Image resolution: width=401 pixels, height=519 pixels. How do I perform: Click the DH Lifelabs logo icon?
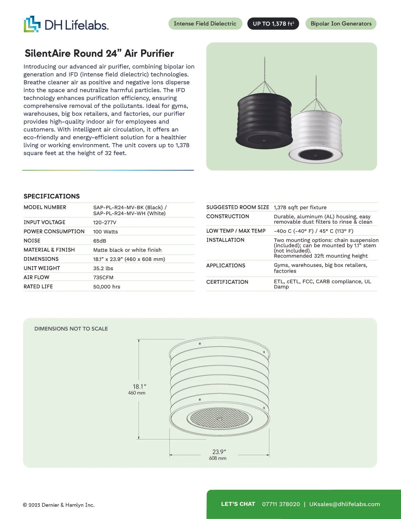point(32,24)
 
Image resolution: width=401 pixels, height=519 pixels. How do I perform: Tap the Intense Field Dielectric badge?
point(205,24)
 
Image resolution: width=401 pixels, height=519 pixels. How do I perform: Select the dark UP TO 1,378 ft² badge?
point(273,24)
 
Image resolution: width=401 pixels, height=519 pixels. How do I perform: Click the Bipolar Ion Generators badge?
point(341,24)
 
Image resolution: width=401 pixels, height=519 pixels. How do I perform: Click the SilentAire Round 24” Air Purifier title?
point(99,53)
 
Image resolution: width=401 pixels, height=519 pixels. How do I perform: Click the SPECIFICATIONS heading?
point(52,196)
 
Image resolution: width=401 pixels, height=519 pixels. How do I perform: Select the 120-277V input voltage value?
point(105,222)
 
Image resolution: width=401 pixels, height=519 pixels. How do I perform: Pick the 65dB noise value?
point(100,241)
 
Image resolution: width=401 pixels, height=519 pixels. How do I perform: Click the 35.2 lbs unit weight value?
point(103,268)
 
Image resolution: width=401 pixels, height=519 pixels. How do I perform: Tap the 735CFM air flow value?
point(103,277)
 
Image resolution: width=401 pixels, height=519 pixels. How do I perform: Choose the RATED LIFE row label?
point(38,287)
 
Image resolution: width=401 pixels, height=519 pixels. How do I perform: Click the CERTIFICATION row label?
point(227,282)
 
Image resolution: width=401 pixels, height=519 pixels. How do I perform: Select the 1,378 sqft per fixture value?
point(300,208)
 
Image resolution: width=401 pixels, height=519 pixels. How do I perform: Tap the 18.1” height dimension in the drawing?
point(140,387)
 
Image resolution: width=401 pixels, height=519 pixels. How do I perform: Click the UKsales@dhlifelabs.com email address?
point(344,504)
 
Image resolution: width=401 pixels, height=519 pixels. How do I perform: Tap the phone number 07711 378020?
point(281,504)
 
